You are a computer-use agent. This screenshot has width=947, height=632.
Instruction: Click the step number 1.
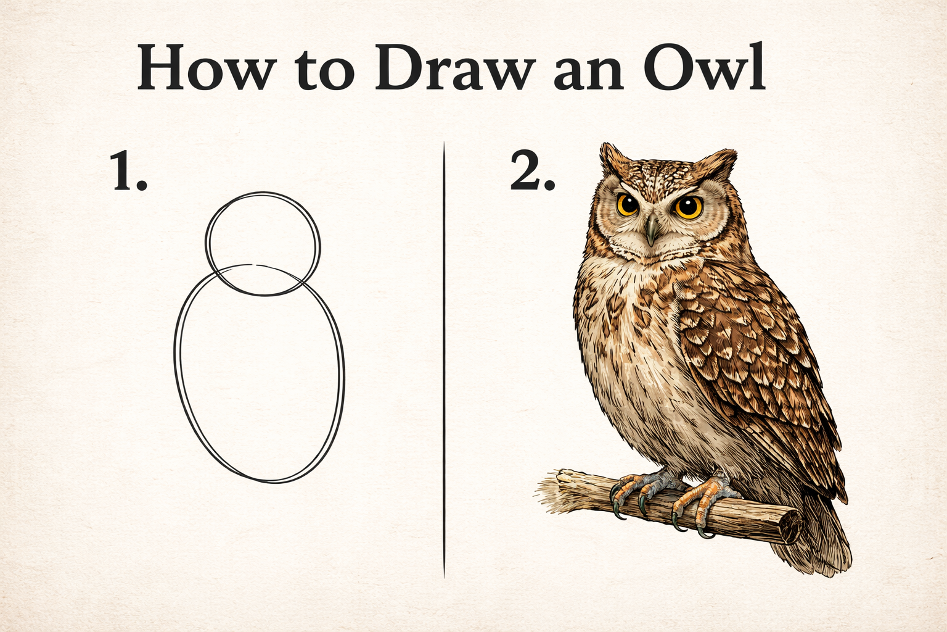click(128, 172)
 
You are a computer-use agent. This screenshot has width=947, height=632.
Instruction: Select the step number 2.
click(531, 172)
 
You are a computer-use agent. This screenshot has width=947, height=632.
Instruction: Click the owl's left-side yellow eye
click(628, 204)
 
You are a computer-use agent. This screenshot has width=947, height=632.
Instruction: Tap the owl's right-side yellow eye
click(688, 207)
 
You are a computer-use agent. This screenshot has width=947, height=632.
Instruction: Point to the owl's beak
click(652, 230)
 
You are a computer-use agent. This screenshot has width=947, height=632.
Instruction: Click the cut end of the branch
click(790, 528)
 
